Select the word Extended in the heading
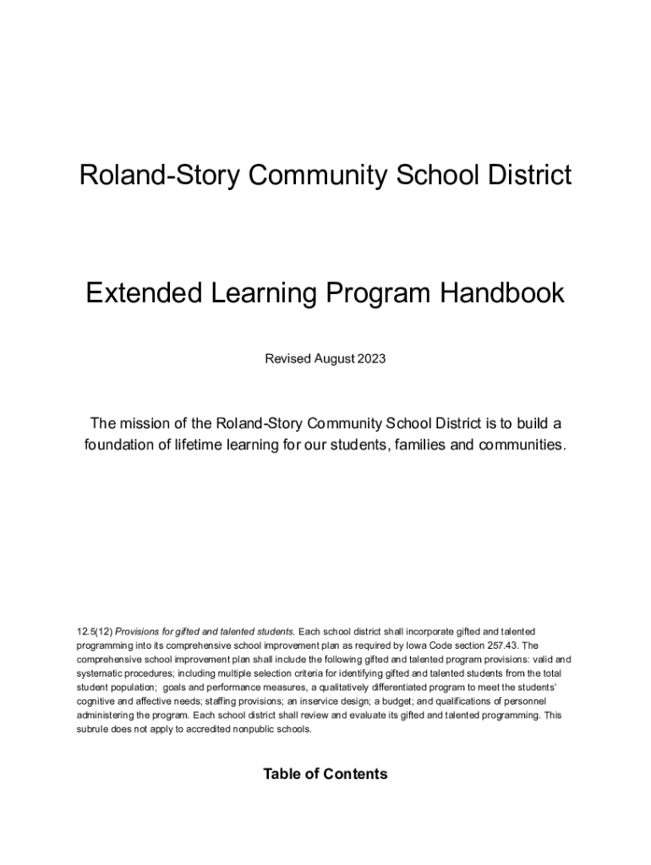point(139,294)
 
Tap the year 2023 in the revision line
point(371,359)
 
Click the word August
point(334,359)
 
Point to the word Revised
point(287,359)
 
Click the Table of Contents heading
point(325,774)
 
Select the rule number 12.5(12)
point(94,631)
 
